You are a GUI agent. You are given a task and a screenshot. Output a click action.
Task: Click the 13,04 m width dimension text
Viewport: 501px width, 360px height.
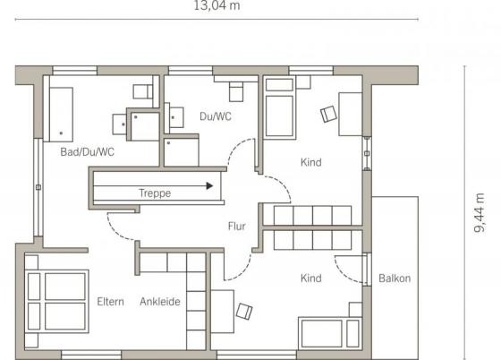(217, 5)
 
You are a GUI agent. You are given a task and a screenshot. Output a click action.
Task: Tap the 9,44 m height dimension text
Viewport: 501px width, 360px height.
(480, 212)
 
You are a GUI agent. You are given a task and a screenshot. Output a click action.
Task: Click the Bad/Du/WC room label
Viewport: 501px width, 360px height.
(88, 152)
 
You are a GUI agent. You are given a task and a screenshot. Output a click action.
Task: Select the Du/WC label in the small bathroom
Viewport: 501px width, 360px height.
(216, 116)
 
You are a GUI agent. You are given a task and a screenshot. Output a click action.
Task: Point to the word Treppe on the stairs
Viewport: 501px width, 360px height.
(155, 193)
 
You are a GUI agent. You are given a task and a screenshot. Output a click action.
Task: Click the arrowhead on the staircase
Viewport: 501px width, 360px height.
(209, 185)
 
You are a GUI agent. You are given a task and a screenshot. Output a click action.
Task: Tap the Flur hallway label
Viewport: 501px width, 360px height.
(237, 227)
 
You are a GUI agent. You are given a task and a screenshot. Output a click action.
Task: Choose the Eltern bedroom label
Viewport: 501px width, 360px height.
(111, 302)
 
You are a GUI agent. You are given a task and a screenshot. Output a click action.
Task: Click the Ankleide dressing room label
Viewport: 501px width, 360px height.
(160, 302)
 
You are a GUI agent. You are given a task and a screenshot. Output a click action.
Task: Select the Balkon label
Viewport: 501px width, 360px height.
(395, 279)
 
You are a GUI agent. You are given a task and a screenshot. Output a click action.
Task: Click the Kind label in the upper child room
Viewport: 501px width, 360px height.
(311, 162)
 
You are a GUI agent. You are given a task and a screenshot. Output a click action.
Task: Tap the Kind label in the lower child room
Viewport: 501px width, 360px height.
(311, 279)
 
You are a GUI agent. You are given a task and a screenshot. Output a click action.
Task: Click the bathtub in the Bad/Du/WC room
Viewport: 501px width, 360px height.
(61, 114)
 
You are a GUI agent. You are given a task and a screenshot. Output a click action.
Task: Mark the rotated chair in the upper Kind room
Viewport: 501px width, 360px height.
(329, 114)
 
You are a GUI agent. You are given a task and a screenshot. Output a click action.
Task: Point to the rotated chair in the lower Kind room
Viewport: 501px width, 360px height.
(244, 311)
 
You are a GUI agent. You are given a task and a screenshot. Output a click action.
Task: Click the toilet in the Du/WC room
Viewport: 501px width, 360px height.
(236, 91)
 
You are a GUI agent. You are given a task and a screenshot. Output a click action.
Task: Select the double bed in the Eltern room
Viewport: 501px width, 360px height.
(56, 302)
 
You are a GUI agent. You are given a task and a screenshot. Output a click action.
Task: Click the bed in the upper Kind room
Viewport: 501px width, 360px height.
(279, 107)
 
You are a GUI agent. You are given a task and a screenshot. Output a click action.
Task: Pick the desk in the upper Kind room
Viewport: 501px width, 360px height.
(350, 114)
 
